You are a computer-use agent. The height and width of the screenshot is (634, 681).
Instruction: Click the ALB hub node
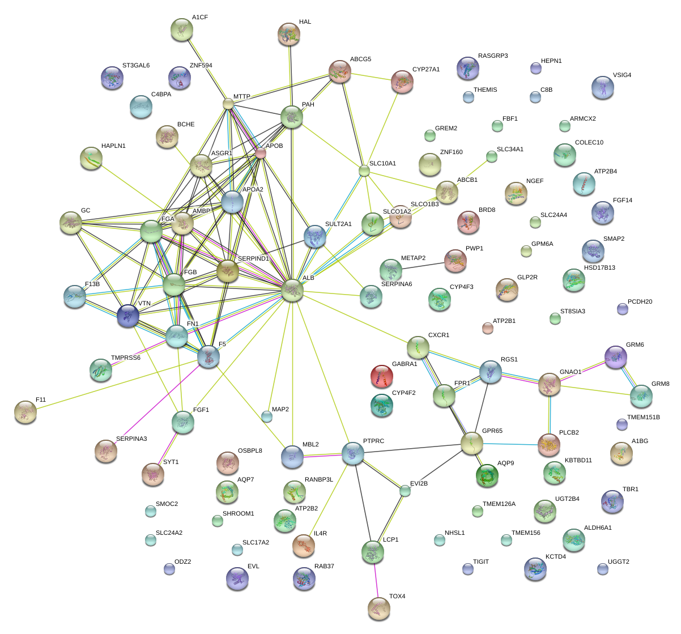292,291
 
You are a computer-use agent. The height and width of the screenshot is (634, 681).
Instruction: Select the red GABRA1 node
381,377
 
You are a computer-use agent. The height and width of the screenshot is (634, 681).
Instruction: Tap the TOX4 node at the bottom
379,609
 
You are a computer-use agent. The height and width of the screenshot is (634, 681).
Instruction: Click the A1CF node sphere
182,29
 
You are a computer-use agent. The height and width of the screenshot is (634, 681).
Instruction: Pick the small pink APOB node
261,153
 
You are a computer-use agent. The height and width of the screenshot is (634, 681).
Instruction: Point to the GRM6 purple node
615,358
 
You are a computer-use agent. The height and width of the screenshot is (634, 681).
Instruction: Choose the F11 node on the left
25,412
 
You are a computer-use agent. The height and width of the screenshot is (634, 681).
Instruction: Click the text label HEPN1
551,61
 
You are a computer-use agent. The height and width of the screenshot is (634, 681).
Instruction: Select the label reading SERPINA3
131,439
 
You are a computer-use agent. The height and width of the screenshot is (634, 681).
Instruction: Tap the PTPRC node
353,454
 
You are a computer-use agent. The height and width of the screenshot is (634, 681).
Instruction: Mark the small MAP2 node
266,416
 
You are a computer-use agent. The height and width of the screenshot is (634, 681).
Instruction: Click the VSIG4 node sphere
602,88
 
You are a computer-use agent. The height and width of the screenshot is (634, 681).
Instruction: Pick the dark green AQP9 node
487,476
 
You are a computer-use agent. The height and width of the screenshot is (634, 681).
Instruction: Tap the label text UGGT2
618,562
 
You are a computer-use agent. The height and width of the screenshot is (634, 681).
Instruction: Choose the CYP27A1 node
402,82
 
